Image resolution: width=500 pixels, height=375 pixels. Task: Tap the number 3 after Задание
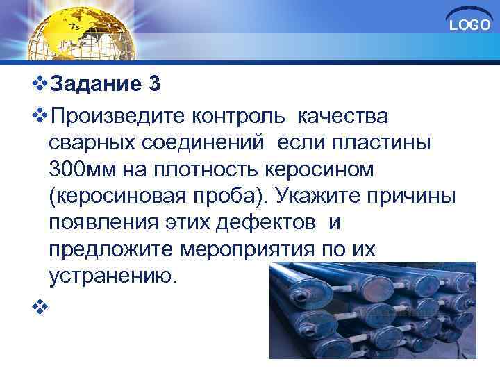coord(154,85)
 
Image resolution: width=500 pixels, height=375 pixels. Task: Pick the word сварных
coord(92,142)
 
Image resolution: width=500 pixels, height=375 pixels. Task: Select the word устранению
coord(114,277)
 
